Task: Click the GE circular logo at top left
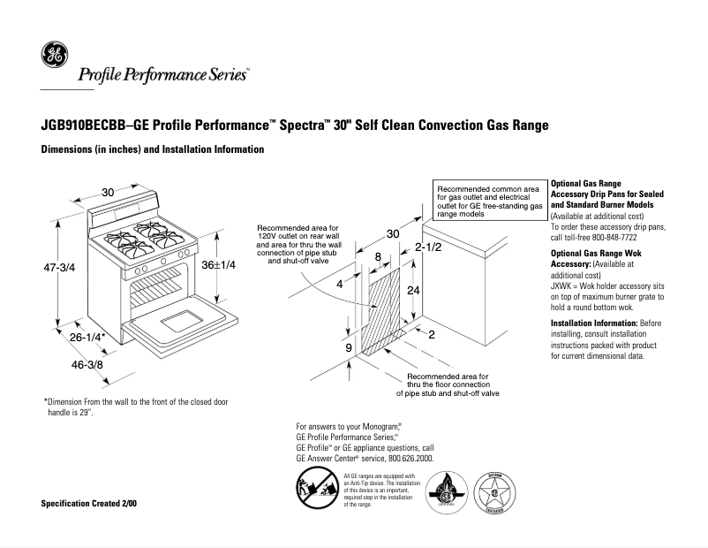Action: [x=54, y=57]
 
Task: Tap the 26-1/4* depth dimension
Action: [x=87, y=337]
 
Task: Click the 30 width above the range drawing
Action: [x=108, y=193]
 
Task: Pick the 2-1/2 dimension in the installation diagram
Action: [x=428, y=247]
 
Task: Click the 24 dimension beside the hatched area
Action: [x=411, y=291]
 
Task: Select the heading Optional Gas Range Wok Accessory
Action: [x=596, y=258]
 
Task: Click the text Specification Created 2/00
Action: [x=89, y=504]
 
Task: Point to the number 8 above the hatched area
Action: [x=378, y=257]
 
